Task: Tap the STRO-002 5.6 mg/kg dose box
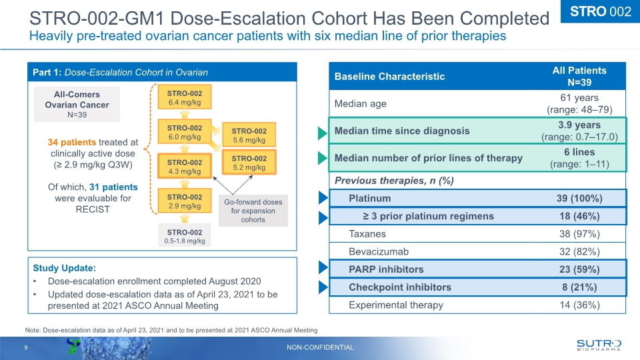click(249, 135)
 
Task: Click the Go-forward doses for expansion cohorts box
click(253, 211)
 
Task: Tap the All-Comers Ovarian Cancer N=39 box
click(77, 105)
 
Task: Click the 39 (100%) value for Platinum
click(579, 199)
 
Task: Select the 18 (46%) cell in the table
click(579, 216)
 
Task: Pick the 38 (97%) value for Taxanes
click(579, 234)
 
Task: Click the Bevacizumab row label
click(379, 252)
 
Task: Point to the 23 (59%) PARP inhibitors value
click(579, 269)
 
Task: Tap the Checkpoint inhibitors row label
click(400, 287)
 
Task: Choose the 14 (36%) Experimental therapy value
click(579, 305)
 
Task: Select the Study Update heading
click(65, 268)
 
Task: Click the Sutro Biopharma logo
click(598, 344)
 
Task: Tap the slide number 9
click(26, 347)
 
